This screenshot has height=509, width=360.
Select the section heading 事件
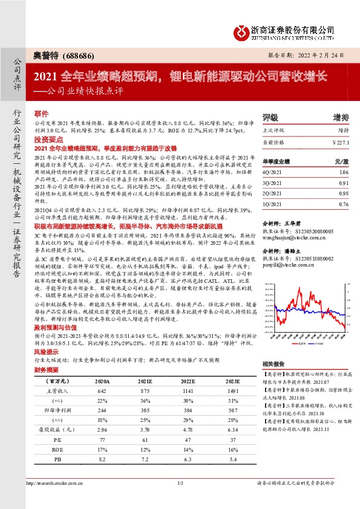click(x=41, y=113)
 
